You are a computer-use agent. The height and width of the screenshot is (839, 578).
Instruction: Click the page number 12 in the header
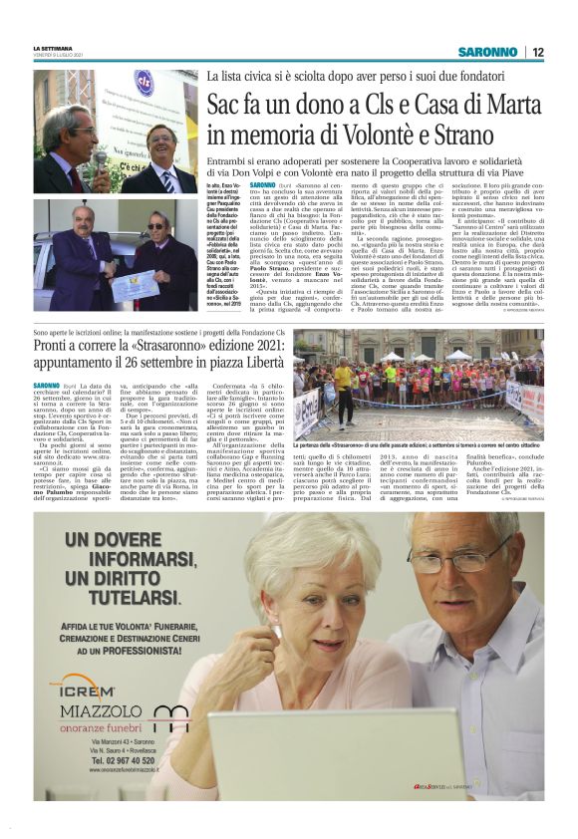(x=537, y=52)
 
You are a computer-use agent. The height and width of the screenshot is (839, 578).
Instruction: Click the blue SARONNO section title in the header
(x=488, y=52)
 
